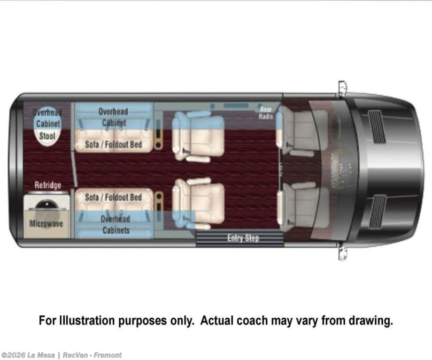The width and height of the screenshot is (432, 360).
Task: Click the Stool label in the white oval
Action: tap(47, 136)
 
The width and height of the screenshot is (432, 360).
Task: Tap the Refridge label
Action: tap(48, 185)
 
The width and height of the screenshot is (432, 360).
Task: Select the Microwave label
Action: tap(46, 224)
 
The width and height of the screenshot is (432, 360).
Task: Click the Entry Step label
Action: tap(243, 238)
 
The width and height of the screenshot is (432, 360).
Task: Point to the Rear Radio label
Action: tap(266, 113)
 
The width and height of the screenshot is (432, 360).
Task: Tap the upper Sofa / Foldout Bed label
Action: tap(114, 145)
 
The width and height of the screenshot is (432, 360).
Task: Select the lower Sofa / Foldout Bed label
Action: tap(114, 197)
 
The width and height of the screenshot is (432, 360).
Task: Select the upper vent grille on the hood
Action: tap(377, 127)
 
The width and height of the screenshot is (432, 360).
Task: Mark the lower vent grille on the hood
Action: tap(377, 211)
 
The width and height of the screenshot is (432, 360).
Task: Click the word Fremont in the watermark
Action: tap(108, 355)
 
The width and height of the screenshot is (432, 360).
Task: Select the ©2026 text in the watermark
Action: tap(13, 355)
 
